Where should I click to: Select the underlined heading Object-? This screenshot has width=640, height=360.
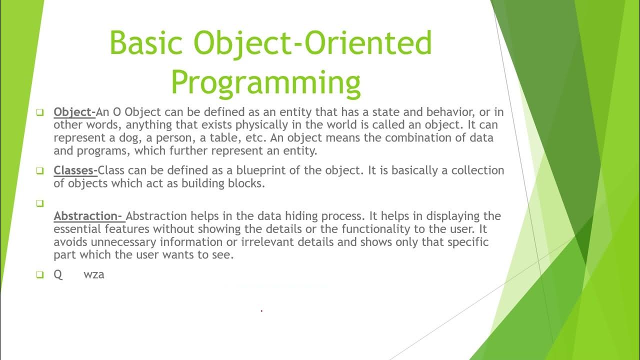point(74,111)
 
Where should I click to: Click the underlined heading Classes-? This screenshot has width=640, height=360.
point(75,170)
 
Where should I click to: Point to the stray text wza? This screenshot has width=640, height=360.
point(94,274)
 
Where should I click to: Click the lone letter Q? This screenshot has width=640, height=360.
point(58,274)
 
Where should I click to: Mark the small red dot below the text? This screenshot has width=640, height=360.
point(261,311)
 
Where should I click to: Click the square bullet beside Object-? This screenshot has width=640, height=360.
point(40,112)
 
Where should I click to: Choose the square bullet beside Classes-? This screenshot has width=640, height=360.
point(40,171)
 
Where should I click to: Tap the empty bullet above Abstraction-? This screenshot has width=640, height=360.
point(40,203)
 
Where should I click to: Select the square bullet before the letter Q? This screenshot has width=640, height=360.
point(40,274)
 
